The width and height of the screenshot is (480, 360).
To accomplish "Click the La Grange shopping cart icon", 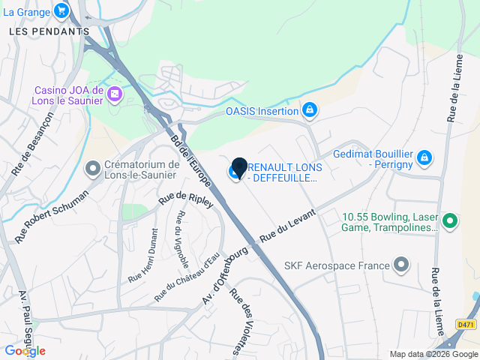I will click(61, 11).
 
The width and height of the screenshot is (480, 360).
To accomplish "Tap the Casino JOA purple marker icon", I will click(114, 94).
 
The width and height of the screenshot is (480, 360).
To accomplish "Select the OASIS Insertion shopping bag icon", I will click(309, 111).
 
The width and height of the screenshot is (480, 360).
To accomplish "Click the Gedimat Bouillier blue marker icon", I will click(424, 157).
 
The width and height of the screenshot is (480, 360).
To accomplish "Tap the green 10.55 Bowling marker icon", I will click(450, 220).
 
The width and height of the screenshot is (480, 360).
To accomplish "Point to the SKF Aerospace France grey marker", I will click(402, 265).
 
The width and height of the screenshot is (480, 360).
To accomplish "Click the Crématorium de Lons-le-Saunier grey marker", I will click(93, 169).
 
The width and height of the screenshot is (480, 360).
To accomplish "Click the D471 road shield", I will click(465, 324).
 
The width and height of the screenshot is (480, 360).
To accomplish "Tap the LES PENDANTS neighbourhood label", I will click(49, 31).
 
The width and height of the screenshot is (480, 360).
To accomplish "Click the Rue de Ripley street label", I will click(186, 200).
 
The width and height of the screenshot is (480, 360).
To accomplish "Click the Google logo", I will click(25, 350).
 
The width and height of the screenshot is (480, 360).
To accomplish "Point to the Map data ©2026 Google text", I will click(433, 354).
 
